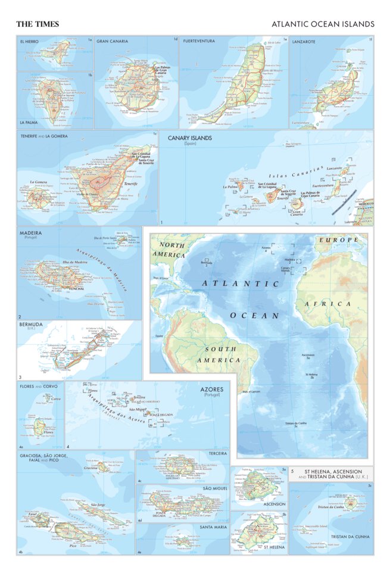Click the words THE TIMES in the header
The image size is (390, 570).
click(x=37, y=24)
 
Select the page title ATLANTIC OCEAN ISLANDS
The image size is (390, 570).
click(x=323, y=24)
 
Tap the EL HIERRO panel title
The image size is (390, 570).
click(x=30, y=41)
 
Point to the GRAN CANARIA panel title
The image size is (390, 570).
click(x=111, y=41)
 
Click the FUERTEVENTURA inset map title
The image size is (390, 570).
click(x=199, y=41)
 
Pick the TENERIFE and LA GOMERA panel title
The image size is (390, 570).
click(x=43, y=136)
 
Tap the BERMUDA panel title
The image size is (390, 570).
click(x=30, y=325)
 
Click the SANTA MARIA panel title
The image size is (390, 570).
click(x=213, y=528)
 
